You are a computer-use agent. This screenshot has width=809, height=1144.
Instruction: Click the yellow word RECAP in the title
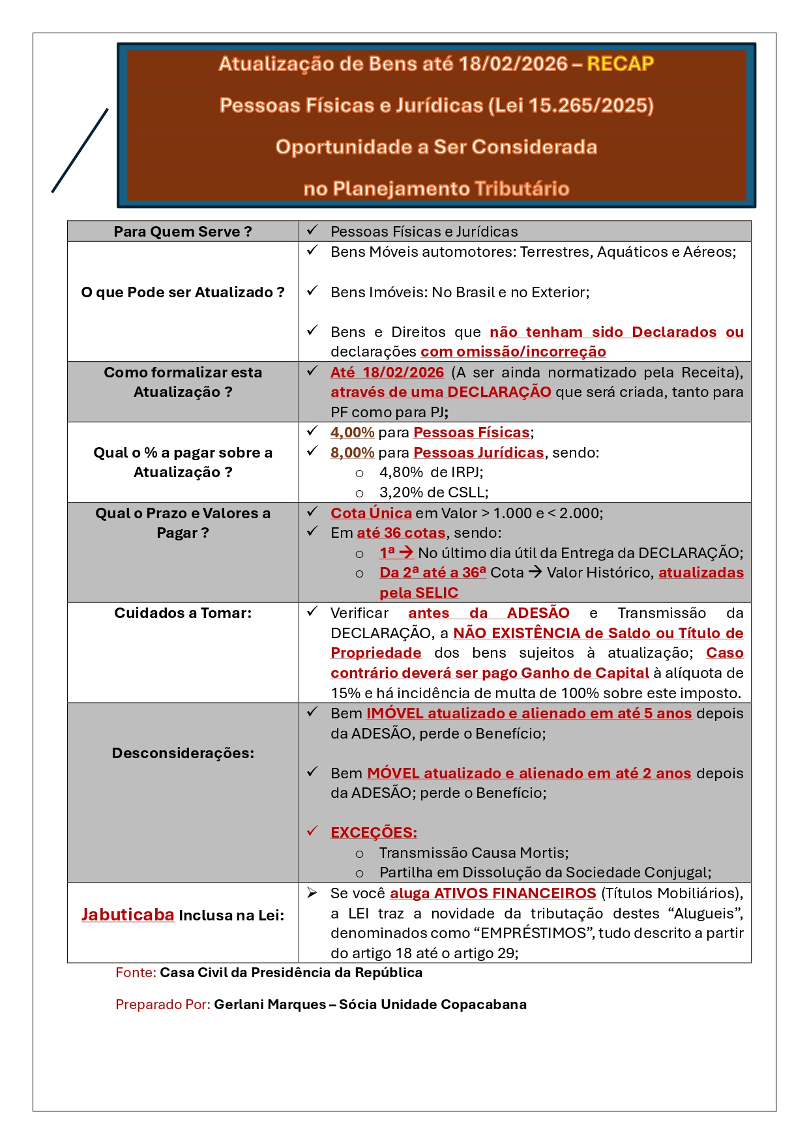click(x=620, y=64)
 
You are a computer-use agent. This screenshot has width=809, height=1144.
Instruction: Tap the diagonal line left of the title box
click(x=80, y=151)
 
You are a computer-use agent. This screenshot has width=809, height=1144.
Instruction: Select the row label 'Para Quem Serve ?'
click(x=183, y=231)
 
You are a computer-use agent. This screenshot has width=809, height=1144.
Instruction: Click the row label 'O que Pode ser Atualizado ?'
click(x=183, y=292)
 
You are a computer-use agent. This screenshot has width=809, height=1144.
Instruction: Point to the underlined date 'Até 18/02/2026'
click(x=387, y=372)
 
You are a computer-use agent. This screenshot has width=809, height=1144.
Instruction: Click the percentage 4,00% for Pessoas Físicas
click(x=352, y=432)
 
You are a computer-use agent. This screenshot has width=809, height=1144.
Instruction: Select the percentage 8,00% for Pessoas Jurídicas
click(x=352, y=452)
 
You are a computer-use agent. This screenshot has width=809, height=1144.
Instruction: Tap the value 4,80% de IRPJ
click(x=431, y=472)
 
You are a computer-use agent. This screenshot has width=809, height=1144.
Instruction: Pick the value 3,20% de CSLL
click(x=434, y=492)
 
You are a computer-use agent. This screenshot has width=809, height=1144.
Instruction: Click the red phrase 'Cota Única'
click(x=371, y=513)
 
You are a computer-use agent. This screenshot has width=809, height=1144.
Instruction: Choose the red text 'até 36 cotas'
click(x=401, y=533)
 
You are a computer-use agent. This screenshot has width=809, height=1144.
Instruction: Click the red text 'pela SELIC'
click(x=419, y=593)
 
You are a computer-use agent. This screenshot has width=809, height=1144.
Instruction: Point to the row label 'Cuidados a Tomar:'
click(x=183, y=613)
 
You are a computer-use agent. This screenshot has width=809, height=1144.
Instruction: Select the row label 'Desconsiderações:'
click(x=183, y=753)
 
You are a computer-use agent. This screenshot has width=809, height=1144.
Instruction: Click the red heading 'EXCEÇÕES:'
click(x=374, y=832)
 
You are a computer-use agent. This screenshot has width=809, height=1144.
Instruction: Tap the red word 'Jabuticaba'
click(x=128, y=915)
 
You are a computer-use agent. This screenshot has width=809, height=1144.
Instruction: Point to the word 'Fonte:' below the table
click(x=136, y=973)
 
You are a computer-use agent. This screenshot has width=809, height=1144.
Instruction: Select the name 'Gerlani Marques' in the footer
click(x=270, y=1005)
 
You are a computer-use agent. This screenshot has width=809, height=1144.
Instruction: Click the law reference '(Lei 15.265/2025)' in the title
click(x=570, y=106)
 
